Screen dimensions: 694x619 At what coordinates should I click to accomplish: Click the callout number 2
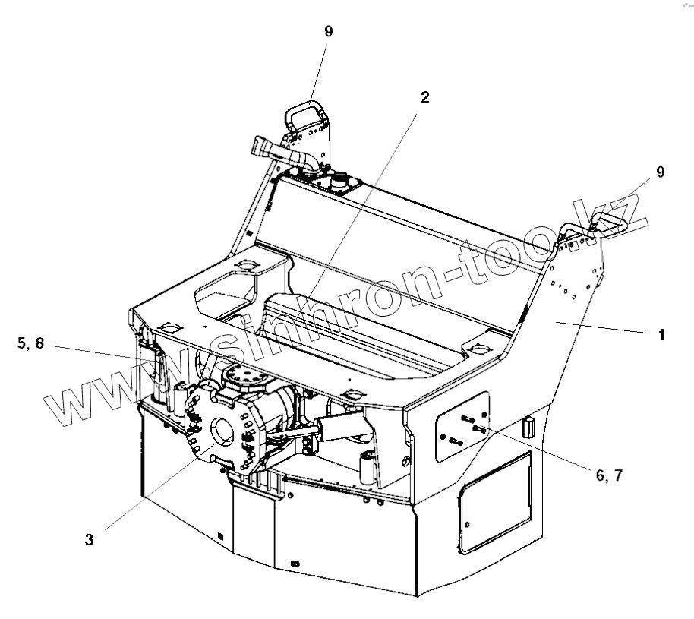[424, 97]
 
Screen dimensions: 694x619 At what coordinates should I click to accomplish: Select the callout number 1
[661, 334]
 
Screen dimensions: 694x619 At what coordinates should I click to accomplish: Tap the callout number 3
[90, 540]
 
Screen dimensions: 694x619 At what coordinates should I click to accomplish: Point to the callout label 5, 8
[30, 343]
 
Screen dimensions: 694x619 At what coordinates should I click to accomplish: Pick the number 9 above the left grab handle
[328, 30]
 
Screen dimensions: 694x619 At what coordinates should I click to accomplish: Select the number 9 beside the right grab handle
[661, 172]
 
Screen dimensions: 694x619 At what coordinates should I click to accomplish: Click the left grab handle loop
[306, 113]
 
